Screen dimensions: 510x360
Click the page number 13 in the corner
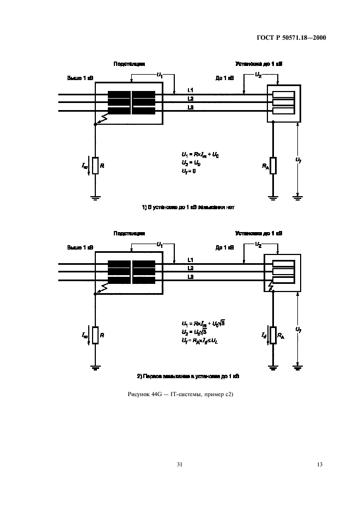click(x=320, y=464)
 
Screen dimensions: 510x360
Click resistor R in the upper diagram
click(x=95, y=165)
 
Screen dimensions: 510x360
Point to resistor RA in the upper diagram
click(x=273, y=165)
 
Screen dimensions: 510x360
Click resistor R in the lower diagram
click(x=95, y=334)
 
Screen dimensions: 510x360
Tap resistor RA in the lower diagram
click(x=273, y=334)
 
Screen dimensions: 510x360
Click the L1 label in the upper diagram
click(x=190, y=89)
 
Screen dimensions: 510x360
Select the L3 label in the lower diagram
click(x=190, y=277)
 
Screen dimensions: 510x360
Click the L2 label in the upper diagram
click(x=190, y=99)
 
